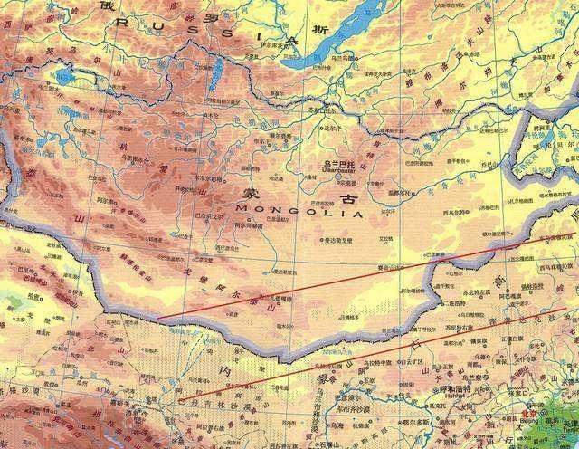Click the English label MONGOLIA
click(x=299, y=215)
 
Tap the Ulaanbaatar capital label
click(x=341, y=167)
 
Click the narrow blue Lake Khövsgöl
click(x=214, y=77)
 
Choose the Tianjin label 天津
click(x=569, y=424)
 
